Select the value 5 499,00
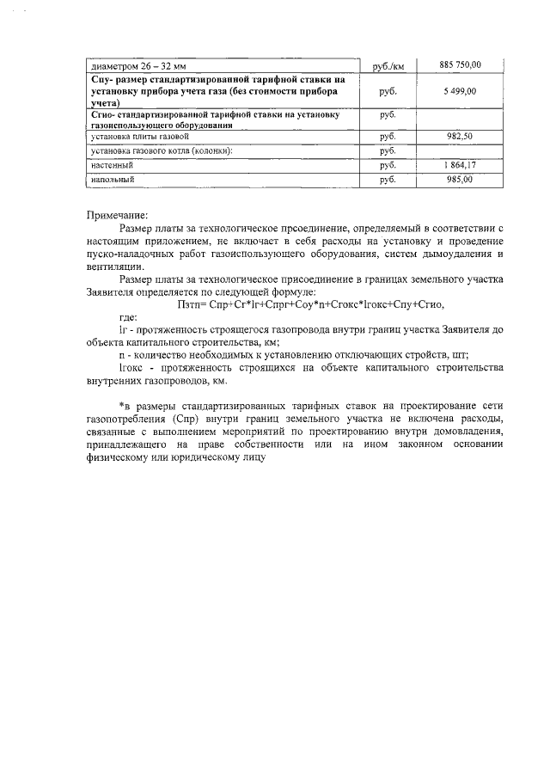click(x=460, y=90)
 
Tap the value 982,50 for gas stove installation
click(x=460, y=137)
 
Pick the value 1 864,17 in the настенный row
click(x=460, y=165)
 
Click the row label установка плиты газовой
click(x=137, y=137)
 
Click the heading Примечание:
click(x=118, y=215)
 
